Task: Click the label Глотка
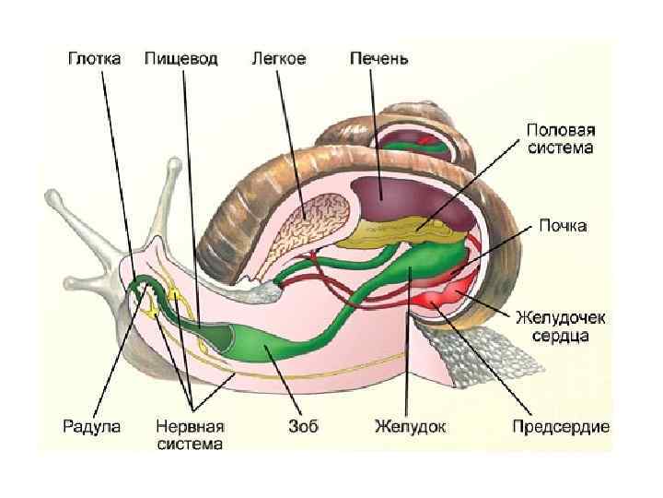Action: [x=97, y=58]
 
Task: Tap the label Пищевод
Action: [x=181, y=58]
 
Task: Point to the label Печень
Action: [x=379, y=58]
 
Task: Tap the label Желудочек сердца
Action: [x=560, y=326]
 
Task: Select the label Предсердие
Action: [x=561, y=426]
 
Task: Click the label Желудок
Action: [x=410, y=426]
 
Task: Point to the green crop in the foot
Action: [x=267, y=346]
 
